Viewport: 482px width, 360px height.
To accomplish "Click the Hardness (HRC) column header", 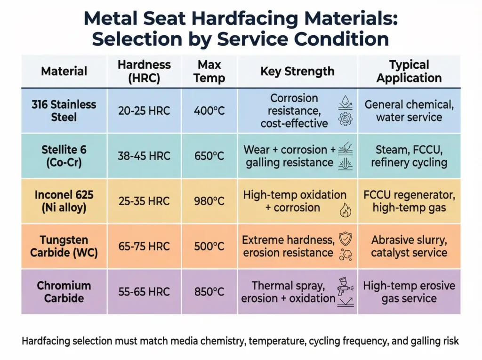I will click(144, 71).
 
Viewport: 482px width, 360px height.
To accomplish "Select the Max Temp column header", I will click(209, 71).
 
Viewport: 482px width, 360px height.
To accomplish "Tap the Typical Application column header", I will click(409, 71).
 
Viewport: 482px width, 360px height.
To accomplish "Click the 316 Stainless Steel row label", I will click(64, 111).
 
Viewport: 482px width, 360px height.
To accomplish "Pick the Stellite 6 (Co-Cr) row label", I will click(64, 156).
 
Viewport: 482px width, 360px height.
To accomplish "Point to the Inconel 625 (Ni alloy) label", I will click(64, 201).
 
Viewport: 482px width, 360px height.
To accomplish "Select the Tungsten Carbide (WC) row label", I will click(64, 246).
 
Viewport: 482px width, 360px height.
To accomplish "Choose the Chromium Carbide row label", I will click(64, 292).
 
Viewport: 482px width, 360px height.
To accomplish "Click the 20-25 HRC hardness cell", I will click(144, 111).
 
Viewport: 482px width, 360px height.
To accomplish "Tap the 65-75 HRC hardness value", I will click(144, 247).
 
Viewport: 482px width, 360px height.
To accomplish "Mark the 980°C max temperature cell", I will click(209, 201).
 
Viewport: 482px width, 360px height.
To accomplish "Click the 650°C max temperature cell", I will click(209, 156).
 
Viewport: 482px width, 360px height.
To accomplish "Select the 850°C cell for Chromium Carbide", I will click(209, 292).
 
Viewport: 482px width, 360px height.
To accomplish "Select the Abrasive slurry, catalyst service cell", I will click(409, 246).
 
